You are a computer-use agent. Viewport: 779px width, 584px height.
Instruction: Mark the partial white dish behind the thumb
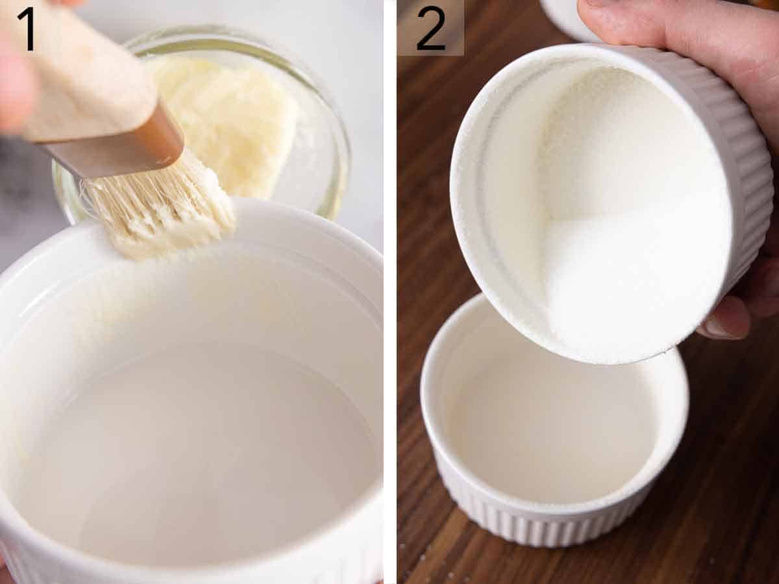pos(565,16)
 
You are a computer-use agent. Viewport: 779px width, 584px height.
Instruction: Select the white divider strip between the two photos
pos(389,292)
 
